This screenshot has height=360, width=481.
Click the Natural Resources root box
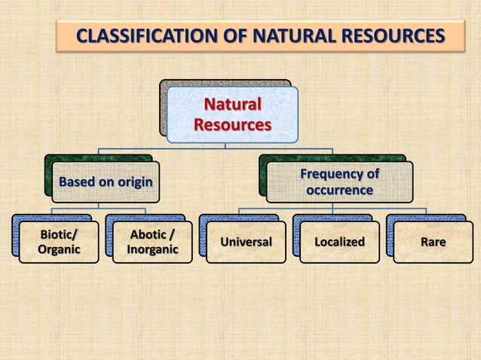click(x=231, y=114)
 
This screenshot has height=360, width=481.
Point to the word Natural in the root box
click(x=231, y=104)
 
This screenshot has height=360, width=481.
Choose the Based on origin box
click(x=106, y=182)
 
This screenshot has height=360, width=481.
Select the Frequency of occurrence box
click(x=339, y=182)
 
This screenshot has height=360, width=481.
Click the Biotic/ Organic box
click(x=59, y=242)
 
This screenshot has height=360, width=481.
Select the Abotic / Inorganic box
click(x=152, y=242)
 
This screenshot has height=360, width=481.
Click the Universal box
click(x=246, y=242)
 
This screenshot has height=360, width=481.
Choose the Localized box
click(x=339, y=242)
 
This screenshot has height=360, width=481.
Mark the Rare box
click(x=433, y=242)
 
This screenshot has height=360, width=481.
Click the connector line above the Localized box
click(x=332, y=212)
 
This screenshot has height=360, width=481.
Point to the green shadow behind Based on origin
click(x=75, y=157)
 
